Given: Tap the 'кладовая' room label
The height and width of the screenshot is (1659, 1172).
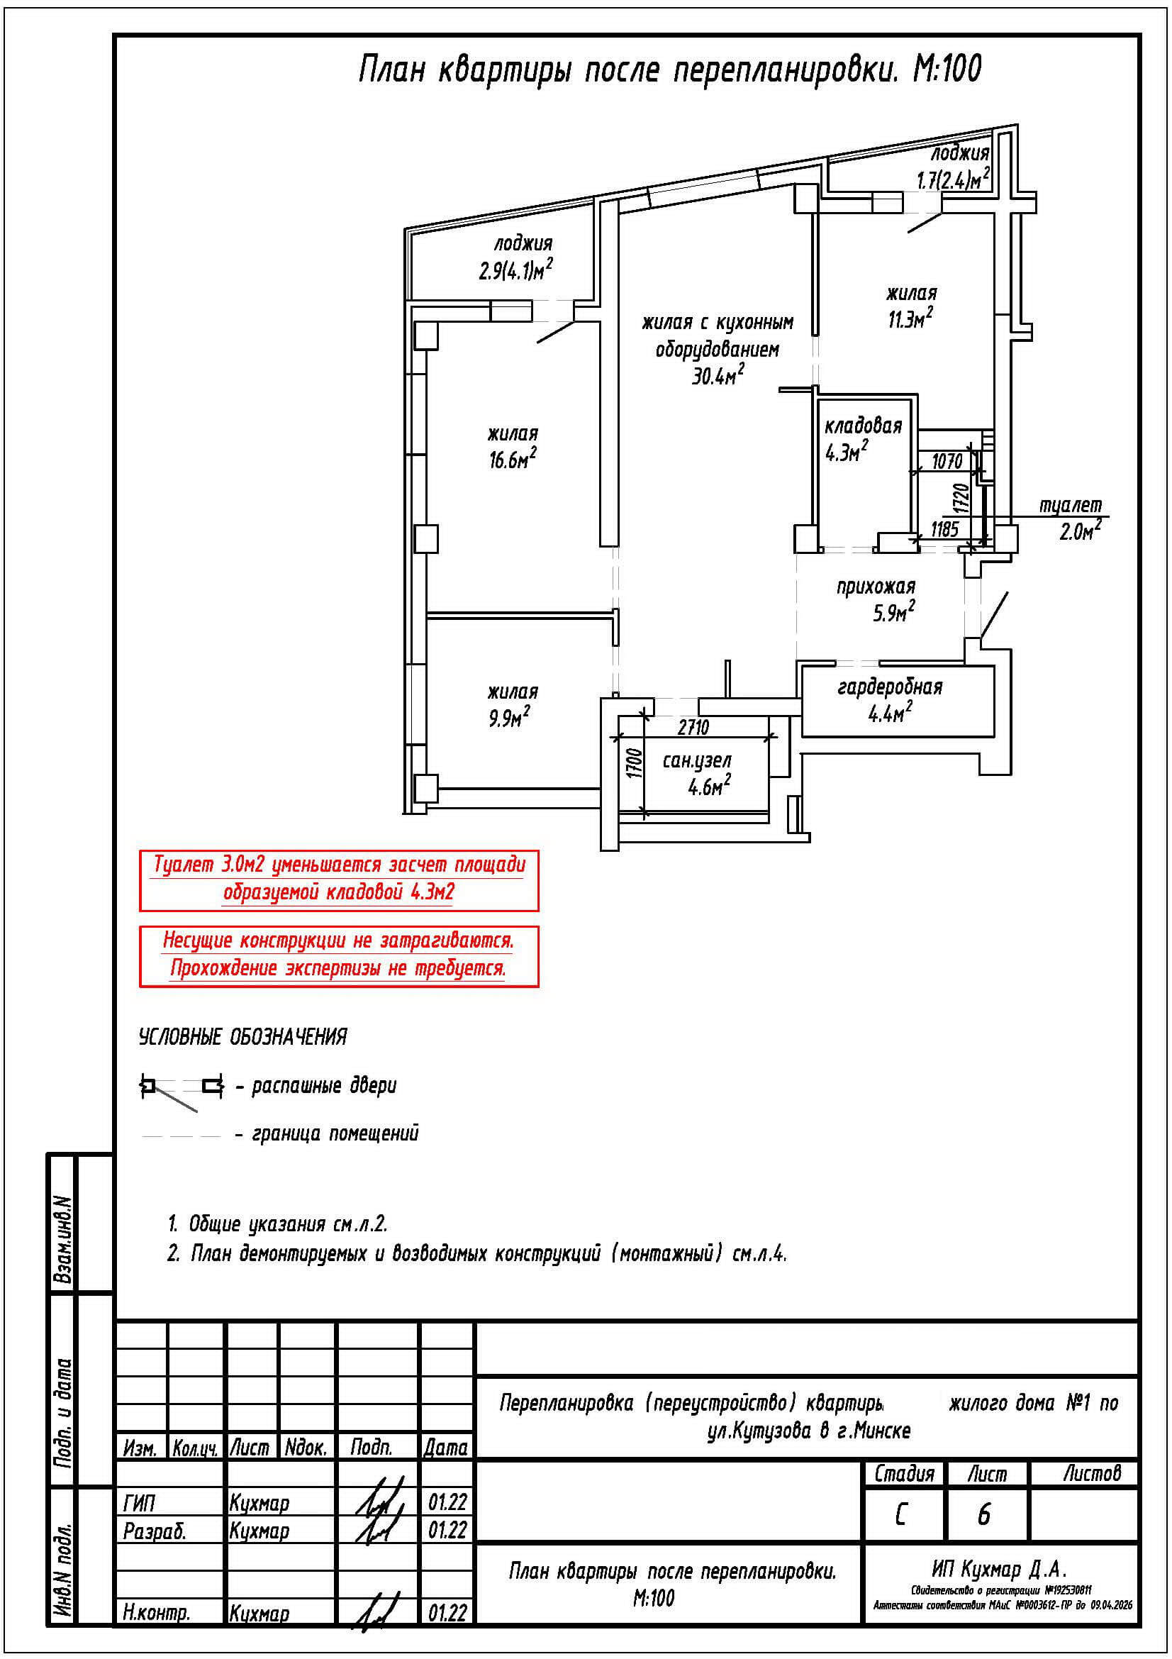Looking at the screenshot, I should pyautogui.click(x=863, y=426).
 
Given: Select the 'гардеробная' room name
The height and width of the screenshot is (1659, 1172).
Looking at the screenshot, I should pyautogui.click(x=890, y=687).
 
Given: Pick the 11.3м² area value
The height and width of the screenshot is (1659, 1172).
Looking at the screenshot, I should pyautogui.click(x=910, y=319).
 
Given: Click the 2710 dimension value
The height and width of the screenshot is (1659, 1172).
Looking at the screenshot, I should pyautogui.click(x=693, y=727).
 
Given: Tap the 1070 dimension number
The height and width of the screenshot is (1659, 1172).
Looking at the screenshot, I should pyautogui.click(x=947, y=461).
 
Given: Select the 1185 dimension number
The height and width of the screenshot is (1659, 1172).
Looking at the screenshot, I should pyautogui.click(x=944, y=530).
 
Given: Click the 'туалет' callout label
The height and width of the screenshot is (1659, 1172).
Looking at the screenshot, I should pyautogui.click(x=1070, y=506).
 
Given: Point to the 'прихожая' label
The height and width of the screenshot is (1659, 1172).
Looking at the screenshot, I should pyautogui.click(x=875, y=587).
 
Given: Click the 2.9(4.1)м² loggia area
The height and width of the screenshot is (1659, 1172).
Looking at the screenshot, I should pyautogui.click(x=515, y=271).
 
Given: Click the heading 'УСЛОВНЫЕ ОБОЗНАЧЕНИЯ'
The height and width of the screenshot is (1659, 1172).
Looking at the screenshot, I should pyautogui.click(x=242, y=1037).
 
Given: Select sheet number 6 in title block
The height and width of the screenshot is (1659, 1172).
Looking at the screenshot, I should pyautogui.click(x=983, y=1514).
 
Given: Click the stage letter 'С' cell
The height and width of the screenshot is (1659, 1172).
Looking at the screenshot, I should pyautogui.click(x=900, y=1514).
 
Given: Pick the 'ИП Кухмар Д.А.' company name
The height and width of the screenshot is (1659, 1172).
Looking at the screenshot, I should pyautogui.click(x=1000, y=1569).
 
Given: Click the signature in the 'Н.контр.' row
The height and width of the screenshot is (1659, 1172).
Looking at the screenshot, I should pyautogui.click(x=379, y=1613).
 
